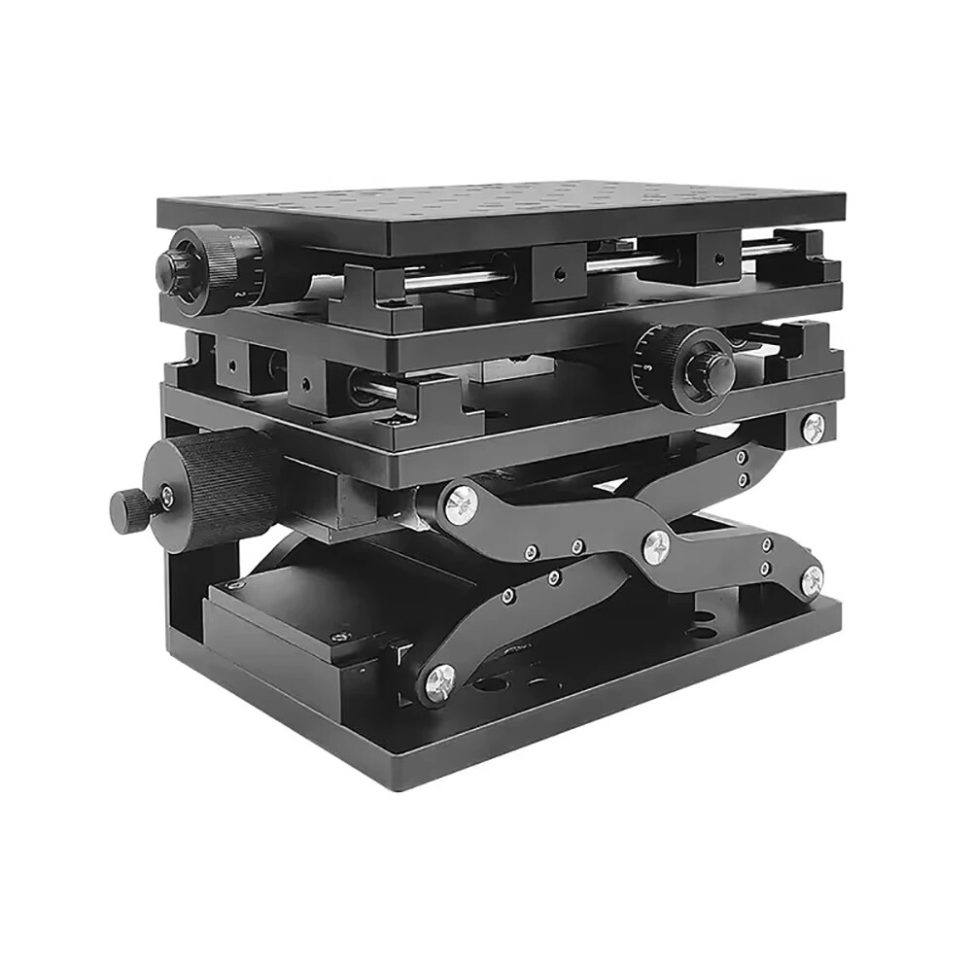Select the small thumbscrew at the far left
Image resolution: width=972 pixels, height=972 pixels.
128,505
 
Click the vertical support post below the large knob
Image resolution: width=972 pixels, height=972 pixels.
185,593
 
